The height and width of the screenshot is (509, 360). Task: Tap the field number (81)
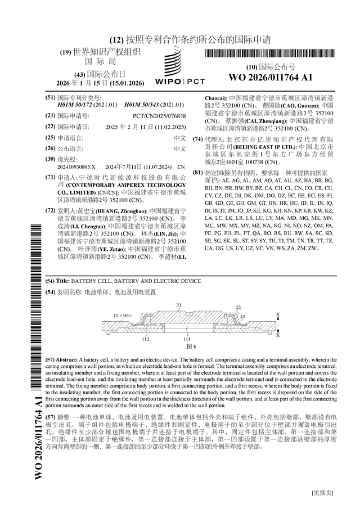(x=197, y=172)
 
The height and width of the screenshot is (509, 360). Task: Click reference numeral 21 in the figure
(x=179, y=305)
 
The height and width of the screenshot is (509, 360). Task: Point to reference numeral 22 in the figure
(x=238, y=308)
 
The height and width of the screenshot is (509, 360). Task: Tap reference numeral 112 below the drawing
(x=130, y=339)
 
